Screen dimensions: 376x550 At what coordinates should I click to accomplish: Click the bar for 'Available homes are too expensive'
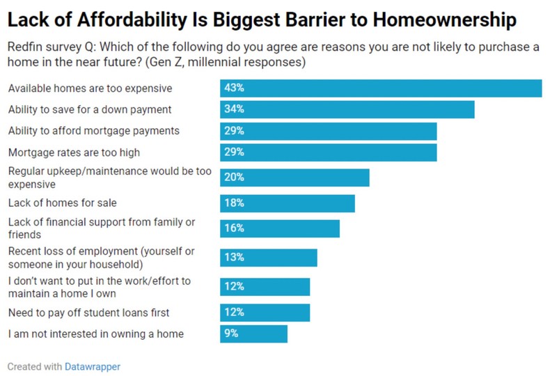[381, 88]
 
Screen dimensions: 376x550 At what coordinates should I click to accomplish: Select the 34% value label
[234, 109]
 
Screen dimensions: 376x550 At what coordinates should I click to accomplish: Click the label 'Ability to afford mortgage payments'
[94, 131]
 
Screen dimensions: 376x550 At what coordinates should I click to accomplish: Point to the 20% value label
[234, 178]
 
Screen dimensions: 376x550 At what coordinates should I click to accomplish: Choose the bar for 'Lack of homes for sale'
[288, 203]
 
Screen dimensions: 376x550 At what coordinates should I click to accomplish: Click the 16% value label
[234, 228]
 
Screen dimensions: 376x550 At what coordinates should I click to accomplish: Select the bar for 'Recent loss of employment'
[269, 258]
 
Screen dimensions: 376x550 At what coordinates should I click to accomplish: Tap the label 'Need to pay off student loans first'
[89, 312]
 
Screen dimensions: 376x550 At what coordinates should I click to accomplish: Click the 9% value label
[231, 334]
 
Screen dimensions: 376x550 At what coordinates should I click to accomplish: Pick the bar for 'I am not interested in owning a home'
[254, 334]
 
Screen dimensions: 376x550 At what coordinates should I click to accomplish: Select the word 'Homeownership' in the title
[444, 21]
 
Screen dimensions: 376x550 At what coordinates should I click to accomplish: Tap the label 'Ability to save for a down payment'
[90, 109]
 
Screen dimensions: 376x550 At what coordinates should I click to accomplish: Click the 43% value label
[234, 88]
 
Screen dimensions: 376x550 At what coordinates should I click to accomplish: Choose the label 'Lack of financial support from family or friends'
[102, 228]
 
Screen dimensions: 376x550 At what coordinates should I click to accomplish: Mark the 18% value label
[234, 203]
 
